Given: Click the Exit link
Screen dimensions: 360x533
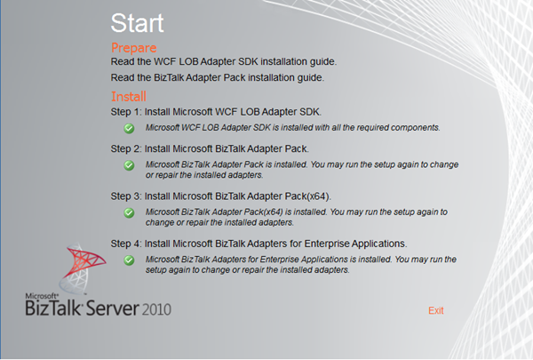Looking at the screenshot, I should click(x=435, y=310).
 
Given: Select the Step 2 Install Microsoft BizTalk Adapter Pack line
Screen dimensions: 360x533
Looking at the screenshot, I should click(x=210, y=148).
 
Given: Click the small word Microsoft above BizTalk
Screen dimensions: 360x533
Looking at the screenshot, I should click(x=40, y=294).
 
